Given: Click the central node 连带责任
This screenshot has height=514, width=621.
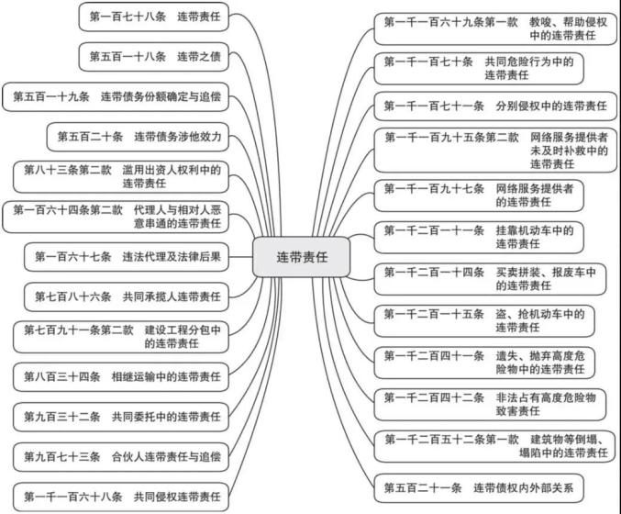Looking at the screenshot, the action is (x=302, y=257).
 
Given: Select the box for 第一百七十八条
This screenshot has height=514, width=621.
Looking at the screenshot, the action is (x=154, y=17).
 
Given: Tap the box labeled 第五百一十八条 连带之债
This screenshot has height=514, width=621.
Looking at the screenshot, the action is (x=154, y=57).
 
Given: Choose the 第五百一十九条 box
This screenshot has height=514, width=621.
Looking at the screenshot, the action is (x=116, y=96).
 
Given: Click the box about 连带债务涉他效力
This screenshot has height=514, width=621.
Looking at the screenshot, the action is (x=138, y=137).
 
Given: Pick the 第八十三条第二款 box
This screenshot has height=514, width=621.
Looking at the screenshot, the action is (x=121, y=177).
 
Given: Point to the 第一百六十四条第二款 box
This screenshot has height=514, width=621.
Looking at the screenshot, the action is (x=116, y=217).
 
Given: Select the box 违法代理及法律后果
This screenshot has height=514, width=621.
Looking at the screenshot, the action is (x=127, y=257).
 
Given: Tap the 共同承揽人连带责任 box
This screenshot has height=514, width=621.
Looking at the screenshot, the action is (x=127, y=296).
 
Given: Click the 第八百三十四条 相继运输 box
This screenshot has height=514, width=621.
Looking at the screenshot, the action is (x=121, y=377).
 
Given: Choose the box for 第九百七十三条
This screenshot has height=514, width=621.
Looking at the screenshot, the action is (x=121, y=457).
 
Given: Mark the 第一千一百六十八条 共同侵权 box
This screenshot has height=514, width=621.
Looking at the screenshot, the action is (x=121, y=497).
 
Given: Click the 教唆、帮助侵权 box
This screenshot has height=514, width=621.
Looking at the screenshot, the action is (x=495, y=29).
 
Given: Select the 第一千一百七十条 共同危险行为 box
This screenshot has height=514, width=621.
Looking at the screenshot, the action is (x=479, y=69).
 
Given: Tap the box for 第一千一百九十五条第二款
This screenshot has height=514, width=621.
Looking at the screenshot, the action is (x=495, y=151).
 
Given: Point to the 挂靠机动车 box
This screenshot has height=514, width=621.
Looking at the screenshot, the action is (x=479, y=238).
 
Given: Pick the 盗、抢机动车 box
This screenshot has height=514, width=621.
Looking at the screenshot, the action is (x=484, y=321).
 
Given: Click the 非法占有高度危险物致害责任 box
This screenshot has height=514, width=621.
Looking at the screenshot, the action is (x=490, y=405).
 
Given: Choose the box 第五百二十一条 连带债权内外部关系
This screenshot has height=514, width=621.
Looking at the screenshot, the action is (x=479, y=488).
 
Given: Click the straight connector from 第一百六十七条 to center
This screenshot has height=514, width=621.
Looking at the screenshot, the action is (x=241, y=257).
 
